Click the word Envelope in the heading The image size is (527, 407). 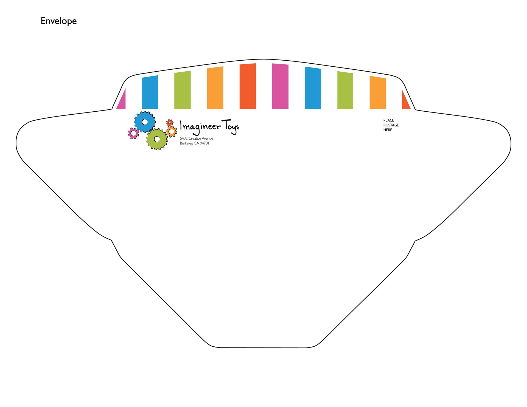pos(58,21)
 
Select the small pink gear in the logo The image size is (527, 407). pos(133,134)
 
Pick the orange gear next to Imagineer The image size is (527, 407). pos(172,132)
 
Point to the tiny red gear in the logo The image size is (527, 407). pos(170,123)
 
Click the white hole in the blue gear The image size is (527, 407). pos(145,122)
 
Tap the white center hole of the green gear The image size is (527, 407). pos(157,139)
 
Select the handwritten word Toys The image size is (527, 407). pos(231,127)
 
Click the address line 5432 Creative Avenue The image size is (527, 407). pos(197,139)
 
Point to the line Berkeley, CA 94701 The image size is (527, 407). pos(195,143)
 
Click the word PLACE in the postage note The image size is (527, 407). pos(389,120)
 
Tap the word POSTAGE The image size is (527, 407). pos(391,125)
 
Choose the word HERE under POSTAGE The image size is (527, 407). pos(388,130)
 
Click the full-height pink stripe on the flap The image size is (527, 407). pos(280,86)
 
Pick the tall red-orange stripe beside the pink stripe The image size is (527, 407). pos(248,86)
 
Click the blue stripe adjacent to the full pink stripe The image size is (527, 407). pos(313,88)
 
